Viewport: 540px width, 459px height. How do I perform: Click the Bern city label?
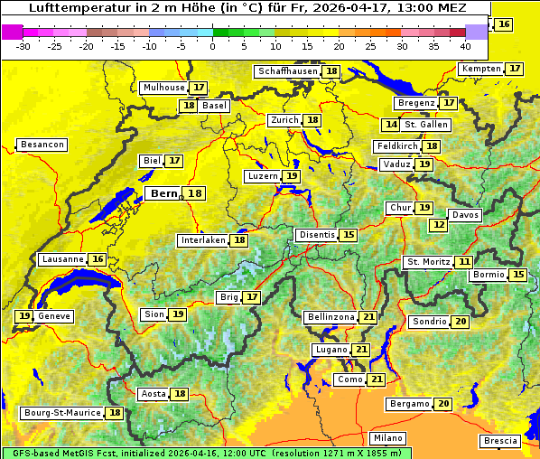[163, 193]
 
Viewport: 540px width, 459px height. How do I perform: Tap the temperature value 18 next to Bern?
[195, 193]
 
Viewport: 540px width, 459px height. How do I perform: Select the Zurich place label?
[284, 120]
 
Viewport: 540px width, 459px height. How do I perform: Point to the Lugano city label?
[330, 350]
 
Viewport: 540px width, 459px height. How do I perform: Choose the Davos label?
[465, 215]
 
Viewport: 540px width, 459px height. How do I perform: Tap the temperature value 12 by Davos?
[439, 224]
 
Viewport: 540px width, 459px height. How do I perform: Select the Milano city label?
[389, 437]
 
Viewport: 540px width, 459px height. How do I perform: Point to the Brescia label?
[500, 441]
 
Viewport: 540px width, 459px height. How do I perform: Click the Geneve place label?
[54, 316]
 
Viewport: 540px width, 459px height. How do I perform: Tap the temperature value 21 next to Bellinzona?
[368, 317]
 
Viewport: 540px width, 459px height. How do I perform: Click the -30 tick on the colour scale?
[23, 45]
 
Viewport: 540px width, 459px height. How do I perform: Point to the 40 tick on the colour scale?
[465, 45]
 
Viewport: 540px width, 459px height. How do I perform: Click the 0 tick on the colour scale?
[212, 45]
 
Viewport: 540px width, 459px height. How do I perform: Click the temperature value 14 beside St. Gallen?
[391, 125]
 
